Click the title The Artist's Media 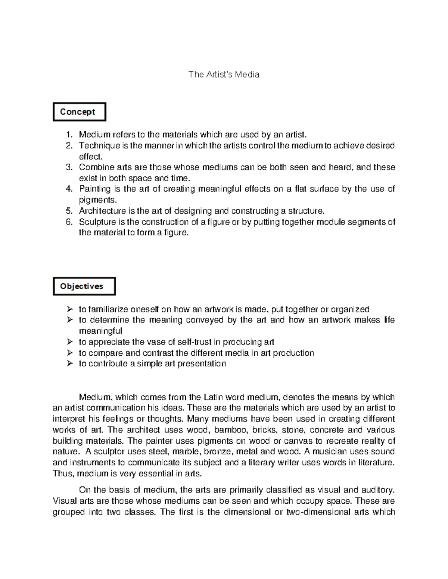224,74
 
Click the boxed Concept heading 79,112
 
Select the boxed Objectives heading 84,286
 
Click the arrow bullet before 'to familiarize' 69,309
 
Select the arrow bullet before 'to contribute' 69,364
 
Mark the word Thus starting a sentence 64,474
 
